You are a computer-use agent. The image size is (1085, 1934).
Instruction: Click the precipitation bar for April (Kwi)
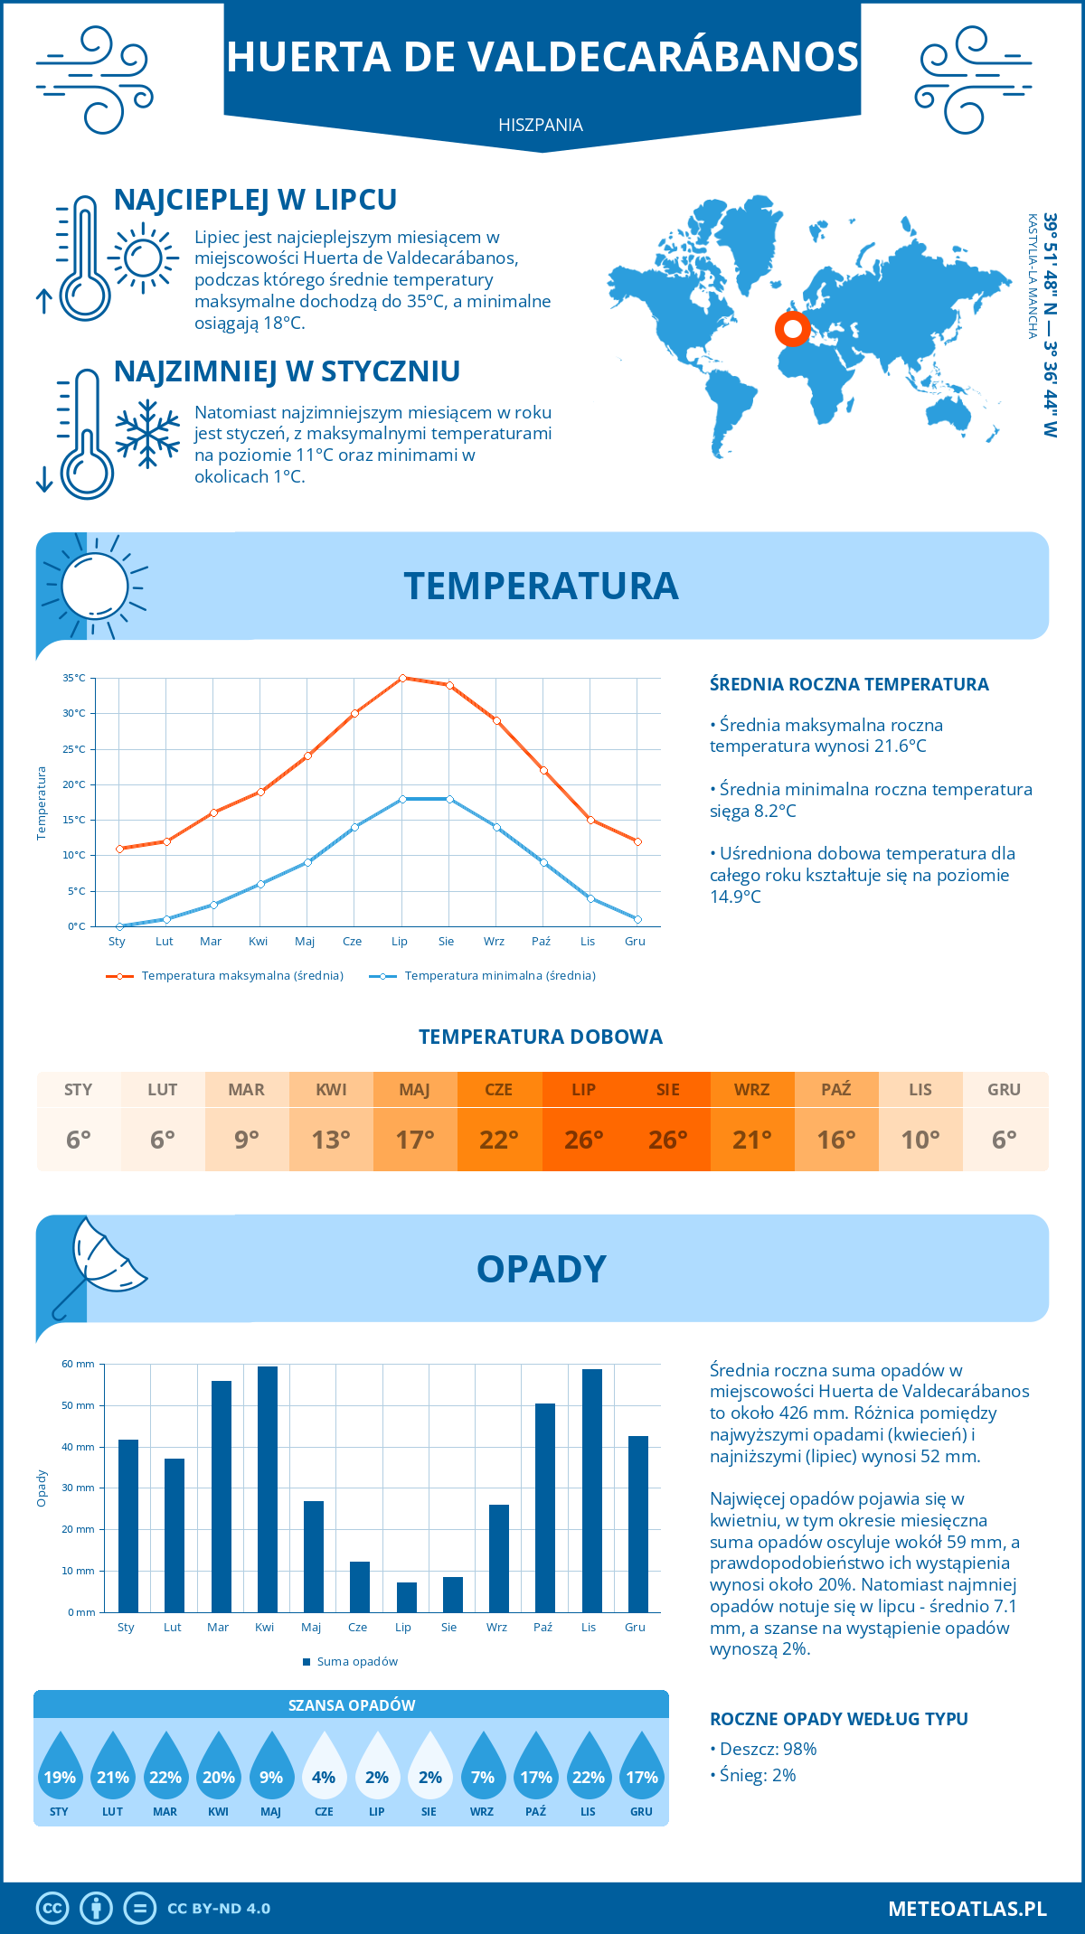click(268, 1489)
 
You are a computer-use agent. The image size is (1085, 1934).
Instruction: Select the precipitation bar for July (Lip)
click(407, 1597)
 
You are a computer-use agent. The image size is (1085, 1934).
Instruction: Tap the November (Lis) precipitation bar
click(592, 1491)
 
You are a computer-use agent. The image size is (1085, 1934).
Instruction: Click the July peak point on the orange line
click(402, 678)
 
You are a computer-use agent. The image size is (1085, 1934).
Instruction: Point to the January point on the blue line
click(119, 926)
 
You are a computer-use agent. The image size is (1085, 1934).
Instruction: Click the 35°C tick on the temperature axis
click(74, 678)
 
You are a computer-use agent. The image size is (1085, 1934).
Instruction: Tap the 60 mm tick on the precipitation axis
click(79, 1364)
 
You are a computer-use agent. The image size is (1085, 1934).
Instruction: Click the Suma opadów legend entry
click(357, 1662)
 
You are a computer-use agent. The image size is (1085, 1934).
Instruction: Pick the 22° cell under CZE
click(499, 1140)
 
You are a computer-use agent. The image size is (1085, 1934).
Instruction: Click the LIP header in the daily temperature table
click(583, 1090)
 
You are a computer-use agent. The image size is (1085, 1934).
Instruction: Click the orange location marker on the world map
click(793, 329)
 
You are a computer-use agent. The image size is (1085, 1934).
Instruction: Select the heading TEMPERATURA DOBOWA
click(541, 1037)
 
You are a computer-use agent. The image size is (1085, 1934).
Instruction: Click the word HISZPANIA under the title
click(541, 125)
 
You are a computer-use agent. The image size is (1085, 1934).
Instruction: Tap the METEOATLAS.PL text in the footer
click(967, 1909)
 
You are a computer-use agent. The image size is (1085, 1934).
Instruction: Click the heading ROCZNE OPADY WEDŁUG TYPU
click(838, 1719)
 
